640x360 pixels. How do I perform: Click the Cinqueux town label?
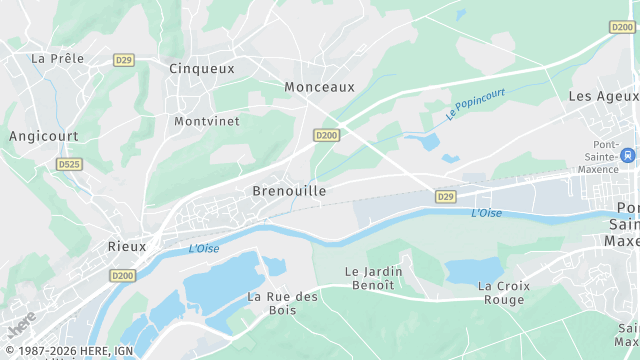point(202,68)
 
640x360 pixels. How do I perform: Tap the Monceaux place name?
point(319,87)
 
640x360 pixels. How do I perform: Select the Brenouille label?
point(289,190)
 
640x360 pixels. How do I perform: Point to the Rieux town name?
point(127,245)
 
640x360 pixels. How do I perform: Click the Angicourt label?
point(43,135)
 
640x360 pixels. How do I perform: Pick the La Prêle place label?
point(57,58)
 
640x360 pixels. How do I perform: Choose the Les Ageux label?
point(602,96)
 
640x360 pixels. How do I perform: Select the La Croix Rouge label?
point(503,293)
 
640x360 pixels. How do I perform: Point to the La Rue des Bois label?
point(282,303)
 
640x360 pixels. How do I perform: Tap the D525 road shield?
point(69,164)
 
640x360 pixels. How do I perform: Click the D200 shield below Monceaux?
point(326,135)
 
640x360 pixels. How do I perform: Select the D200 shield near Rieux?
point(122,275)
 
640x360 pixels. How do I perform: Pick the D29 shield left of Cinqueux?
point(123,60)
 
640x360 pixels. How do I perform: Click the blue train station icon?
point(627,156)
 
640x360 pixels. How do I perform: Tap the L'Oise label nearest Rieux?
point(203,248)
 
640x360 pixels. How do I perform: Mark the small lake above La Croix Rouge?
point(473,270)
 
